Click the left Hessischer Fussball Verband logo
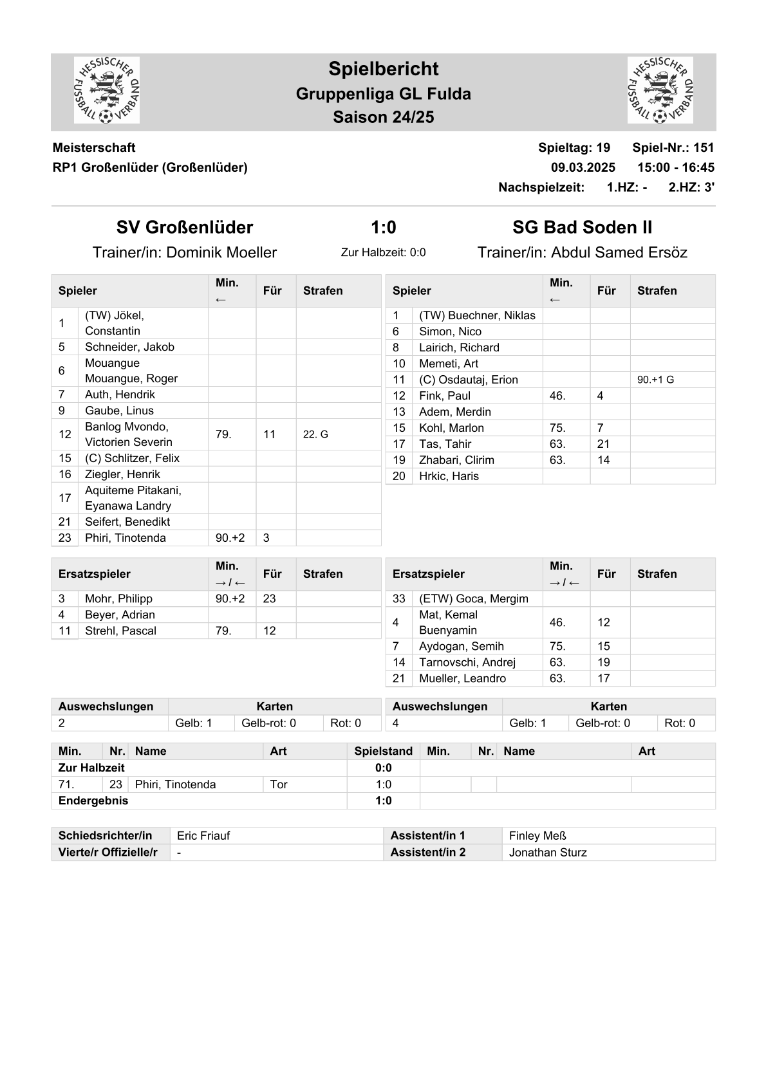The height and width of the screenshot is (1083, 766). [107, 90]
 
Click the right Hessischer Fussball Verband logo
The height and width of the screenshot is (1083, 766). [660, 90]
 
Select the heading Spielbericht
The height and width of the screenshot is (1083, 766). [383, 69]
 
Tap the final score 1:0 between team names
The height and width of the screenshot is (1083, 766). [383, 227]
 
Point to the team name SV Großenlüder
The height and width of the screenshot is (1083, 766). [185, 227]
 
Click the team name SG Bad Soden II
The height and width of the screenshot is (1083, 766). [582, 227]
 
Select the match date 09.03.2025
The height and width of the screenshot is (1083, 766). [583, 167]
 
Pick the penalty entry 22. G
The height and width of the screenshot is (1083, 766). [315, 434]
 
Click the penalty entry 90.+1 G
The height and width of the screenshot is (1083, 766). [655, 380]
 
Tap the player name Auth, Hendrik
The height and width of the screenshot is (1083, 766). [120, 394]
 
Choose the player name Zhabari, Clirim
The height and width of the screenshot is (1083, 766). [456, 460]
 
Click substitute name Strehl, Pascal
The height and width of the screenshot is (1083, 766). [120, 631]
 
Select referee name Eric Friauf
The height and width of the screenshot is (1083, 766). [203, 836]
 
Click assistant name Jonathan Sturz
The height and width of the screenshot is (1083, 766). [547, 853]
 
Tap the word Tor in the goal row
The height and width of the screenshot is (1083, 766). [279, 784]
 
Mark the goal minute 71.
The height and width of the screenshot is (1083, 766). [66, 784]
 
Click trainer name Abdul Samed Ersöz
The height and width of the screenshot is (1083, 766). [619, 252]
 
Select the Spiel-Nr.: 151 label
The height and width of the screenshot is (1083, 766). [673, 147]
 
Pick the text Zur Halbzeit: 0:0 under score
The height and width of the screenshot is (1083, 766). [383, 252]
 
